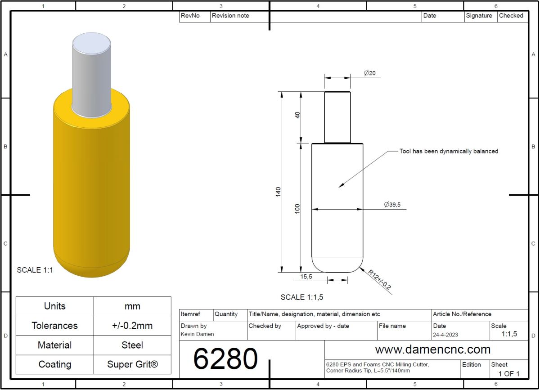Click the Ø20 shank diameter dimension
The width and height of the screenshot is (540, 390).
pyautogui.click(x=369, y=73)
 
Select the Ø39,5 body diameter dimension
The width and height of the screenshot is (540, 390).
pyautogui.click(x=392, y=205)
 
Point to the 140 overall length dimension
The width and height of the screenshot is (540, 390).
pyautogui.click(x=278, y=192)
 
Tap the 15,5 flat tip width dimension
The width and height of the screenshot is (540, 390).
pyautogui.click(x=306, y=277)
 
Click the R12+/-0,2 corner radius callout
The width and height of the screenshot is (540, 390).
pyautogui.click(x=380, y=280)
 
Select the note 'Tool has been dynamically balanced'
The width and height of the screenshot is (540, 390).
pyautogui.click(x=449, y=151)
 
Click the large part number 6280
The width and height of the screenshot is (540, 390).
pyautogui.click(x=225, y=359)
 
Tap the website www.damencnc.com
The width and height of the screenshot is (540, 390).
pyautogui.click(x=433, y=350)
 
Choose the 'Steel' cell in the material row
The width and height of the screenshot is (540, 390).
pyautogui.click(x=132, y=345)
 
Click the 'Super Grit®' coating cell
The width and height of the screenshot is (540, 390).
pyautogui.click(x=132, y=364)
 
